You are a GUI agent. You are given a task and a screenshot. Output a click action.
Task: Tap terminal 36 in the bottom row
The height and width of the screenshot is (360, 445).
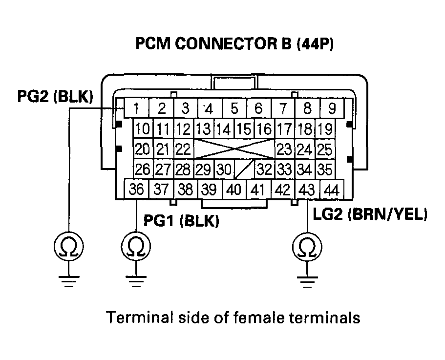[137, 189]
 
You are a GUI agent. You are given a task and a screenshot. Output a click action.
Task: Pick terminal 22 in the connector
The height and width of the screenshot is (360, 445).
[183, 148]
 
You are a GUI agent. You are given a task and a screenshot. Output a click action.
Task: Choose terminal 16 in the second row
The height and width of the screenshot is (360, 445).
[264, 129]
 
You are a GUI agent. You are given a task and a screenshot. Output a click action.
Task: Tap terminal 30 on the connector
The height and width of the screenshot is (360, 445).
[224, 169]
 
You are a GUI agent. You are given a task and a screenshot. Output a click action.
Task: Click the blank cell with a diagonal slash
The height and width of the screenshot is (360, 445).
[244, 169]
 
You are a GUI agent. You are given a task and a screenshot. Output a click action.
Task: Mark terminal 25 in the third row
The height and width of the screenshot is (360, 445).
[324, 148]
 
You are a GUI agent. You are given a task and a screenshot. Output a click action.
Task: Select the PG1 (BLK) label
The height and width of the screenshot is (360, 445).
[181, 221]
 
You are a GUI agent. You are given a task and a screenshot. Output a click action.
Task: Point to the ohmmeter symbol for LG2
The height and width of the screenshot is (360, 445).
[307, 246]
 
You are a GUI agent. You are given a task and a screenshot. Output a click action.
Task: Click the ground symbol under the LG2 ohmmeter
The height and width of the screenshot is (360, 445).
[307, 280]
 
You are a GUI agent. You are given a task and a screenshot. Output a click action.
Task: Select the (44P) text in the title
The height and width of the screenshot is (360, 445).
[311, 44]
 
